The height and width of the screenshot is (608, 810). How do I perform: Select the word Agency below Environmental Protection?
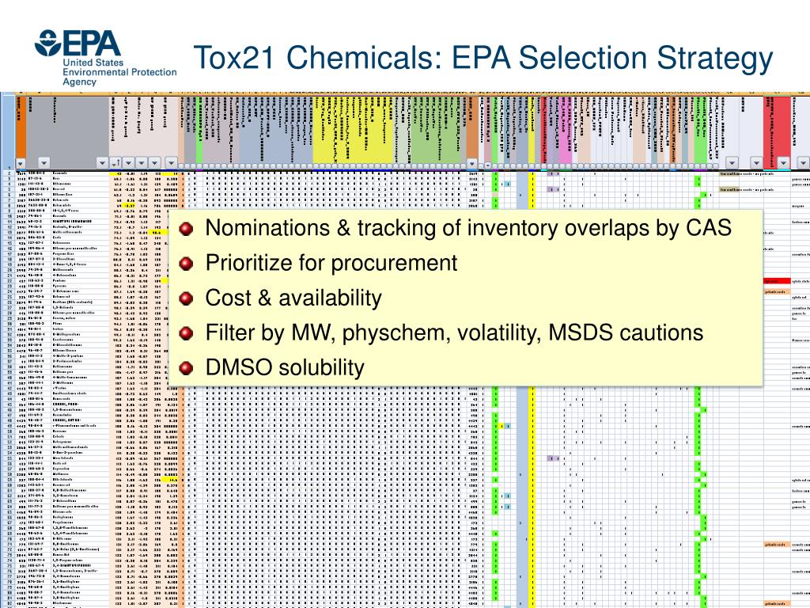[x=81, y=82]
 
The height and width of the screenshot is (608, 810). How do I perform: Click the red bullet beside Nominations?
[x=186, y=229]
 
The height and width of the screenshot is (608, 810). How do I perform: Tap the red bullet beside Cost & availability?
[x=186, y=298]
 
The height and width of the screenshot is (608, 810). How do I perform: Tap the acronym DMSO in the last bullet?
[x=232, y=367]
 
